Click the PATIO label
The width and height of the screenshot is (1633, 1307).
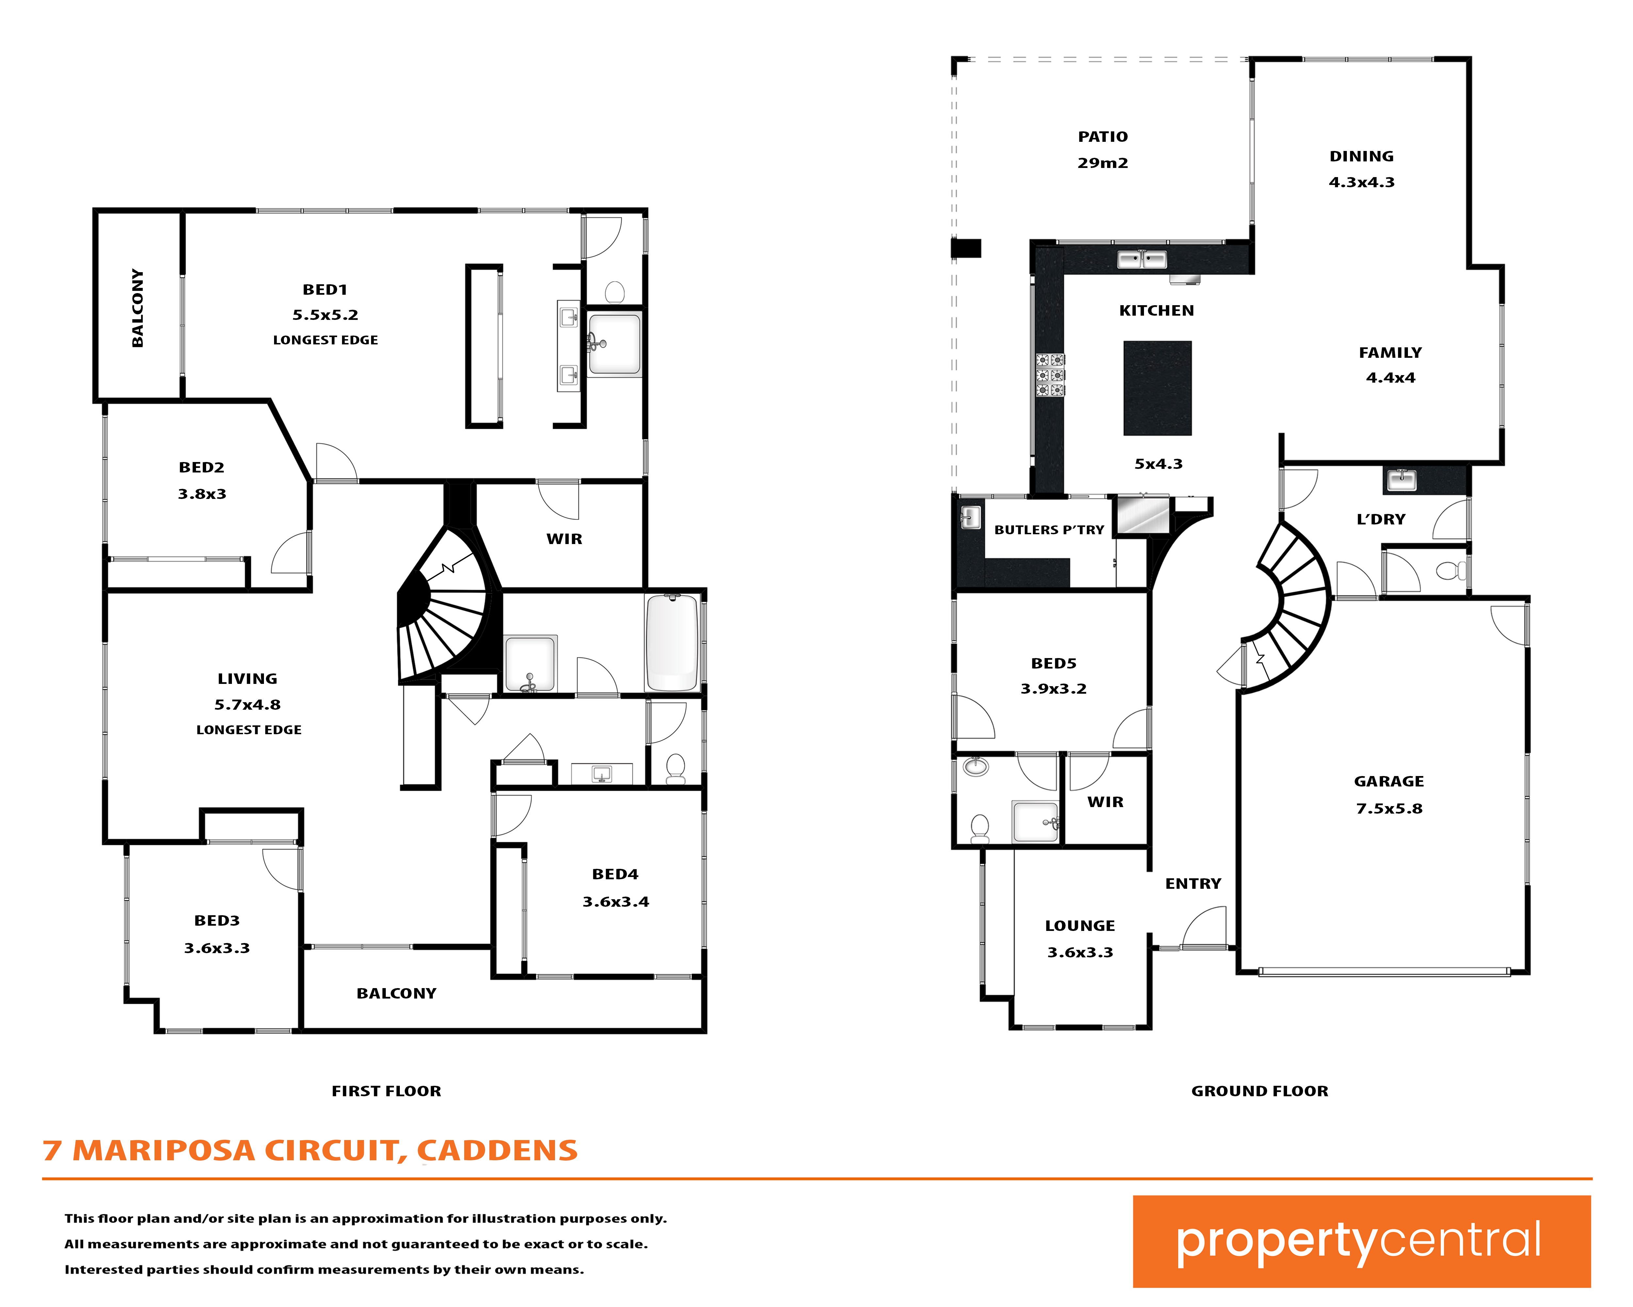tap(1103, 136)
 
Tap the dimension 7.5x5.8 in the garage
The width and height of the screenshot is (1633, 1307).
tap(1389, 808)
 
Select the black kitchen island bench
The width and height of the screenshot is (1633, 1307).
tap(1157, 388)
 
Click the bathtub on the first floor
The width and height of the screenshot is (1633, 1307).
tap(672, 642)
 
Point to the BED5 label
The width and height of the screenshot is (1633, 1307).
tap(1053, 663)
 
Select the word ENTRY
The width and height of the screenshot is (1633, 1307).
tap(1193, 884)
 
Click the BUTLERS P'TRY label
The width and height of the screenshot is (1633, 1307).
tap(1049, 530)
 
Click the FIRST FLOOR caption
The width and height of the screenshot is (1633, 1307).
tap(386, 1091)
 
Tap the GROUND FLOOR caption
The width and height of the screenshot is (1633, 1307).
tap(1260, 1091)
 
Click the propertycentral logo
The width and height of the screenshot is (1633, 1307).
tap(1361, 1241)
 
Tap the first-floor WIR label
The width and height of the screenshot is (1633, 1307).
tap(564, 539)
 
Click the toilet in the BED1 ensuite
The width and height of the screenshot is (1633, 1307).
tap(615, 292)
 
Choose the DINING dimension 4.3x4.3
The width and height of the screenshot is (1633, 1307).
tap(1361, 182)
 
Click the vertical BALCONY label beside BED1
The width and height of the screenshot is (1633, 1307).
tap(137, 307)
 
